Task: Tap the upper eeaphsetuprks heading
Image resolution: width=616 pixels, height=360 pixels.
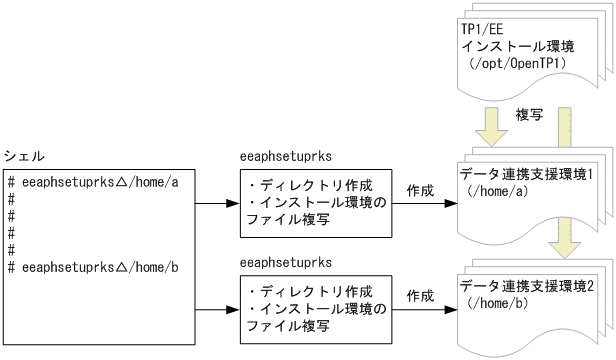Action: [287, 157]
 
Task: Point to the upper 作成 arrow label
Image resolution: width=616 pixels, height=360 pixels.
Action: [420, 188]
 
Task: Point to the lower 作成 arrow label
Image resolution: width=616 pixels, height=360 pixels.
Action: [420, 296]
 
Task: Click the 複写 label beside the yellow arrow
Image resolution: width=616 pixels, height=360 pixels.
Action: [530, 115]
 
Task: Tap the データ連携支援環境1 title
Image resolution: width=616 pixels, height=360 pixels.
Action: [526, 174]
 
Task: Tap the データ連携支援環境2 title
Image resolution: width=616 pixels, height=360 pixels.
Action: [526, 286]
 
